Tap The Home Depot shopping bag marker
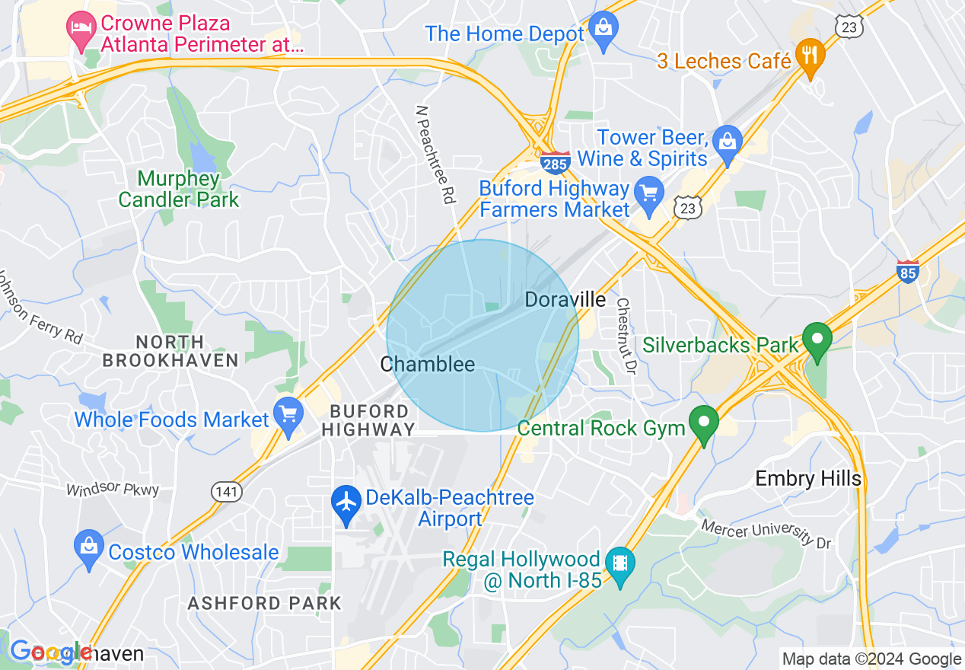[x=604, y=31]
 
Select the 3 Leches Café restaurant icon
[x=811, y=56]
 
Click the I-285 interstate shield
[x=556, y=161]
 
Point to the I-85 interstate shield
[x=908, y=271]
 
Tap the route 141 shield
[x=227, y=492]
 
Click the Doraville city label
[x=565, y=299]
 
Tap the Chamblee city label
[x=427, y=364]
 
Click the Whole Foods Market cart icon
[x=288, y=415]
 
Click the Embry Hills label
[x=808, y=478]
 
